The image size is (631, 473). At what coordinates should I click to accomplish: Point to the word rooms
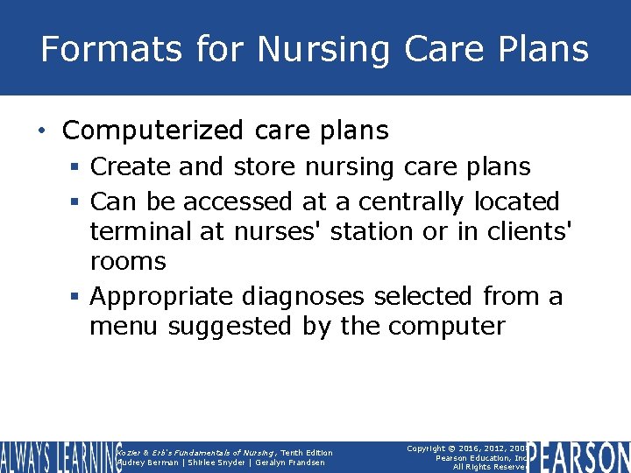tap(128, 261)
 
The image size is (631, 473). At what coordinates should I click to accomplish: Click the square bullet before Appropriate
tap(80, 297)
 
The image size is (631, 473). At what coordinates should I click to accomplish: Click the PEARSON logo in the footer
tap(579, 456)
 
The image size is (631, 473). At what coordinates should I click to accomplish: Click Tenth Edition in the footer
tap(307, 453)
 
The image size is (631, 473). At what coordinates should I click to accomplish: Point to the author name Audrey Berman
tap(147, 462)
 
